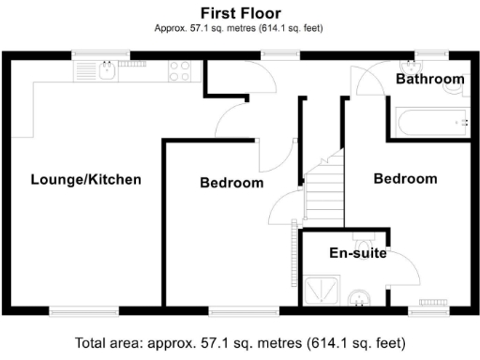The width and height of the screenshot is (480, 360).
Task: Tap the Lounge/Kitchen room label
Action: tap(85, 179)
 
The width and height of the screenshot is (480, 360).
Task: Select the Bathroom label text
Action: tap(429, 80)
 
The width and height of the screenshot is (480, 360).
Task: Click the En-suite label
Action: tap(357, 253)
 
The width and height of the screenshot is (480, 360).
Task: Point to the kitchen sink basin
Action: tap(108, 69)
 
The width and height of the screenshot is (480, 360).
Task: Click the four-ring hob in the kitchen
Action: tap(181, 70)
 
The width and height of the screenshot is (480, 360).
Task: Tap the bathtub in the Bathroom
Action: tap(427, 122)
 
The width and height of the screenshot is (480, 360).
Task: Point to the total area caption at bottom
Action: tap(240, 343)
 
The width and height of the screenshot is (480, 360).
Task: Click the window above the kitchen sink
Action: tap(102, 53)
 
